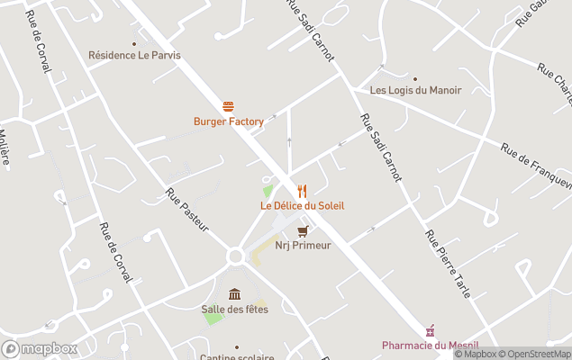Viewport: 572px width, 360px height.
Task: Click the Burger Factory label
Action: (x=229, y=121)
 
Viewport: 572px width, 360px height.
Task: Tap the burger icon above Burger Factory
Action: (x=229, y=106)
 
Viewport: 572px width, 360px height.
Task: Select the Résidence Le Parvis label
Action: (x=134, y=55)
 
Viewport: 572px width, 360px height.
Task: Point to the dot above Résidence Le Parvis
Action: (x=134, y=42)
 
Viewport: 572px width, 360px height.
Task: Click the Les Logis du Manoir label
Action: (x=415, y=90)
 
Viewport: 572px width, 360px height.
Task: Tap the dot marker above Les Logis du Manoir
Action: (x=415, y=78)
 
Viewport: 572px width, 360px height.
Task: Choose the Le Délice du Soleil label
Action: (x=302, y=205)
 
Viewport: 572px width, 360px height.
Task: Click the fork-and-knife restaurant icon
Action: (x=302, y=191)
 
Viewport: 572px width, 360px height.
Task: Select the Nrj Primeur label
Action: (x=303, y=245)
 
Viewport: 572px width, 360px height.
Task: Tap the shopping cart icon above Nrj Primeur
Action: (x=303, y=230)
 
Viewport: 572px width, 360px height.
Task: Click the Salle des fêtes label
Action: (x=234, y=310)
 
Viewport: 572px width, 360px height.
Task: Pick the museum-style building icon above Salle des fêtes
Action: (x=234, y=294)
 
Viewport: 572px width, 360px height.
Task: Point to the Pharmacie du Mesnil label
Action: (x=430, y=346)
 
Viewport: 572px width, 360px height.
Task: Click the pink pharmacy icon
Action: (x=431, y=331)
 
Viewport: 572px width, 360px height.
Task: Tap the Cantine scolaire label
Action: (x=236, y=356)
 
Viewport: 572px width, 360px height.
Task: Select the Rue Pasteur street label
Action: (x=186, y=209)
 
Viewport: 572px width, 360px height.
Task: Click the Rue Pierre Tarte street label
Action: (x=447, y=263)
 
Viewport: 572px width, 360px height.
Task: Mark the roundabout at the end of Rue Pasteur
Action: (x=235, y=257)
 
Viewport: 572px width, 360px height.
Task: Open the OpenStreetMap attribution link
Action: (x=538, y=354)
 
